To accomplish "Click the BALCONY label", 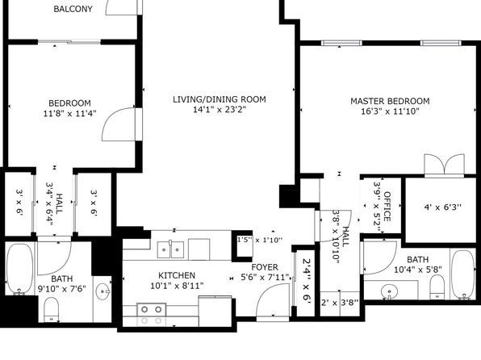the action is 73,9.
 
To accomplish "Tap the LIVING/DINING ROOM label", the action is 220,99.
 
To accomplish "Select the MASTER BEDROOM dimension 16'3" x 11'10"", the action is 390,111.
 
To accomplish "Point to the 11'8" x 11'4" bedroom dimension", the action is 70,113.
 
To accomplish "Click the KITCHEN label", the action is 177,275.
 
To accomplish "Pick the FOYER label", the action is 265,267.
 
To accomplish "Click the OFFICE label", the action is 387,207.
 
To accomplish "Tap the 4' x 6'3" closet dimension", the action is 442,207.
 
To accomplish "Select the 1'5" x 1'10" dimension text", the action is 260,240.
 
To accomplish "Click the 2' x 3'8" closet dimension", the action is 340,303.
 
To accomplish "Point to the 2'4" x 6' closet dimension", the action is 307,282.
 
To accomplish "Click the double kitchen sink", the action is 170,250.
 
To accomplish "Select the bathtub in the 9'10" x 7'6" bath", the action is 20,269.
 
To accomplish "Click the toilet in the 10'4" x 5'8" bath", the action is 437,287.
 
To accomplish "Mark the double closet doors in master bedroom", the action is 444,165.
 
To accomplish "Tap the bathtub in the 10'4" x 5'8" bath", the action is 463,274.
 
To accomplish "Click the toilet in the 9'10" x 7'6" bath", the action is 51,309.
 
